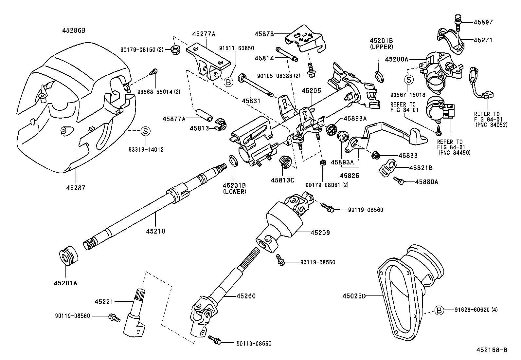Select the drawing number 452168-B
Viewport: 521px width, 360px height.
[492, 350]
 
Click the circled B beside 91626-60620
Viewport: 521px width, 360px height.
[439, 310]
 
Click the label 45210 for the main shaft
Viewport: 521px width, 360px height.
[155, 231]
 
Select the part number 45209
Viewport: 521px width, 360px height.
[320, 233]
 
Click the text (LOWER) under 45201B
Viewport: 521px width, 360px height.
[234, 192]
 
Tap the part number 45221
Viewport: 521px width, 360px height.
[104, 301]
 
